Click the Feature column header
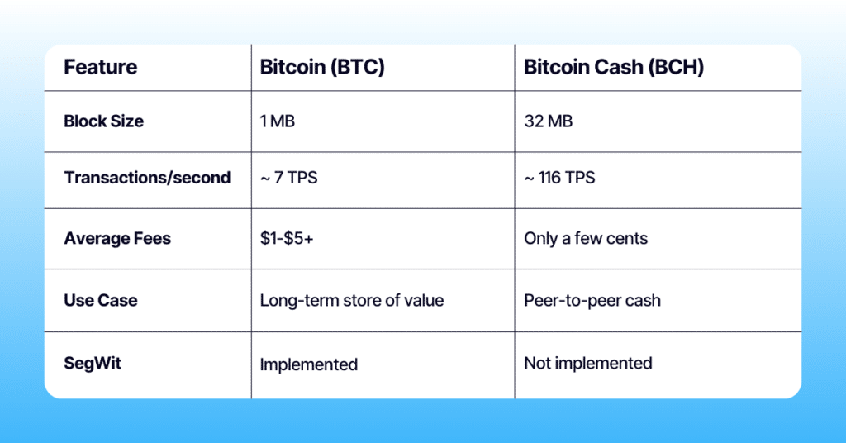(x=101, y=68)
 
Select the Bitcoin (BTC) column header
(x=322, y=68)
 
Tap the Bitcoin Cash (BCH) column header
(x=614, y=68)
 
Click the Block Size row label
(x=103, y=121)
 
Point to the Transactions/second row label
(x=147, y=178)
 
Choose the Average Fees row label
(x=117, y=239)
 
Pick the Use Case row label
(x=100, y=300)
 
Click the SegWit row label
(x=93, y=363)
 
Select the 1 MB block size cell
(x=278, y=121)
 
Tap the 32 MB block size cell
(x=549, y=121)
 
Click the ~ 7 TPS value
(x=288, y=178)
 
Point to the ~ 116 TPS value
(x=559, y=178)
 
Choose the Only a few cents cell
(x=586, y=239)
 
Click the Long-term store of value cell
(x=352, y=300)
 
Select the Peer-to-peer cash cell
(x=592, y=300)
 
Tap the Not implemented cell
(x=588, y=363)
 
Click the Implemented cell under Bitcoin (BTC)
(x=309, y=364)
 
